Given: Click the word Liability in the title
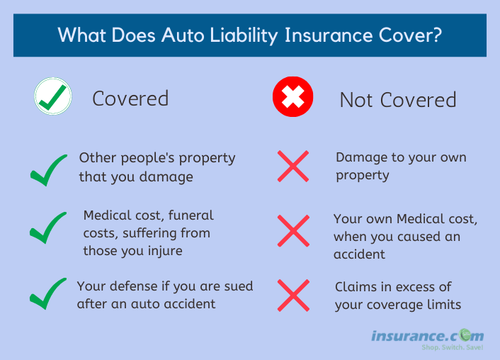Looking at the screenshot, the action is tap(244, 35).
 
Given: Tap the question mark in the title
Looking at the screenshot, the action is tap(437, 35).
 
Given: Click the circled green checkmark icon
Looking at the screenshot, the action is tap(53, 96).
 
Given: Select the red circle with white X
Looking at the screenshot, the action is tap(292, 96).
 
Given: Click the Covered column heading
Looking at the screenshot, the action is tap(130, 99).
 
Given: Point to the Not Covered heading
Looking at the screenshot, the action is tap(398, 100).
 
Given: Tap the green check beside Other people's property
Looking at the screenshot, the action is tap(48, 170).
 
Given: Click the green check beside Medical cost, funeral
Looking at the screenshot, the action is tap(48, 227).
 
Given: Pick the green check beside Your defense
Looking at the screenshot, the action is tap(48, 293).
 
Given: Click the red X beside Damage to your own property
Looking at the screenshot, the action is tap(293, 167).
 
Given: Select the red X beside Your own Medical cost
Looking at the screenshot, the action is tap(293, 231).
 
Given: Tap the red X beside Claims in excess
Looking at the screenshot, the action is tap(293, 296).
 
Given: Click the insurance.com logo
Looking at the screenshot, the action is tap(427, 336).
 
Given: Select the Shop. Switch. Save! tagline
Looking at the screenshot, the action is tap(452, 347).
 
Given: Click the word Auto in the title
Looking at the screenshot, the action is tap(183, 35).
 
